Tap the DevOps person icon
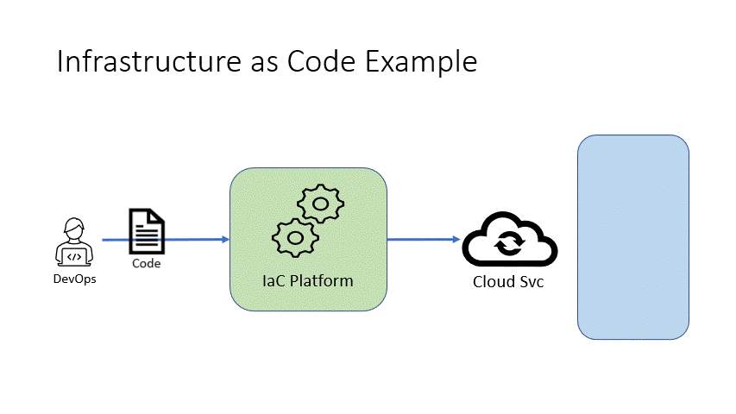74,241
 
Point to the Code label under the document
147,263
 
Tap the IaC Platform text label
308,281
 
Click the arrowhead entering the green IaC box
225,240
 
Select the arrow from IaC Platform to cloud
423,240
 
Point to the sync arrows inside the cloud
508,246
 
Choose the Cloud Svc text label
508,282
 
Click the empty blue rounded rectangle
632,236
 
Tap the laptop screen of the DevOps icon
74,255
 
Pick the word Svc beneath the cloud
531,282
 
